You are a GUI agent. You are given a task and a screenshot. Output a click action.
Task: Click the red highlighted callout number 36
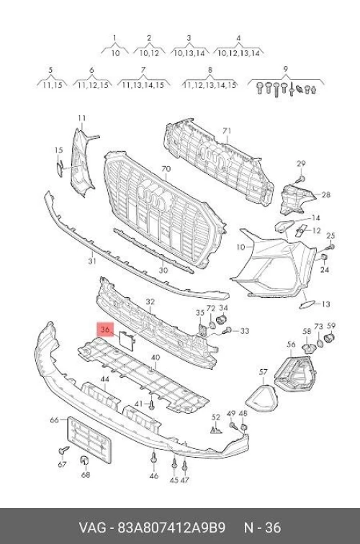[x=105, y=330]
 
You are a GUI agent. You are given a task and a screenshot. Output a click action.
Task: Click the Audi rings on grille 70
[x=155, y=196]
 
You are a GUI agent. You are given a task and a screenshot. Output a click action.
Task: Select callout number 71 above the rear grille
[x=227, y=131]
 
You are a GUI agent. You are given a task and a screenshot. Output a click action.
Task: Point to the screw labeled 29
[x=301, y=179]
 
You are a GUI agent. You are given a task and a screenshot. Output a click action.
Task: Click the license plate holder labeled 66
[x=89, y=440]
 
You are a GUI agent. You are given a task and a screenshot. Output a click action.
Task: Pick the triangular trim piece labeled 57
[x=262, y=397]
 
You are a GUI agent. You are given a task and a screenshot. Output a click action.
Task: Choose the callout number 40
[x=156, y=358]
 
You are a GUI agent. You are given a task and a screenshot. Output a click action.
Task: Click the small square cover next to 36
[x=127, y=340]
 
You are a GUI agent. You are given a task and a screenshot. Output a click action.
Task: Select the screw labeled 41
[x=151, y=404]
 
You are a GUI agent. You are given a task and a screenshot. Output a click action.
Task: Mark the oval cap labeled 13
[x=307, y=305]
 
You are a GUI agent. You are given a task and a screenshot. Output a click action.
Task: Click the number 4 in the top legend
[x=238, y=38]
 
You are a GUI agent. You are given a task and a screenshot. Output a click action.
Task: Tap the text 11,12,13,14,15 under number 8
[x=210, y=85]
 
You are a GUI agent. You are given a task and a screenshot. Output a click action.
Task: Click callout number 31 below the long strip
[x=92, y=260]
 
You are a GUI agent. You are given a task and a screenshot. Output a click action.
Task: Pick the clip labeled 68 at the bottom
[x=84, y=460]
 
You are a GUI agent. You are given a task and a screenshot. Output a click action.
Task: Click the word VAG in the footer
[x=92, y=528]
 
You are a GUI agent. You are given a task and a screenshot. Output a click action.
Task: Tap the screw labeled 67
[x=63, y=450]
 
